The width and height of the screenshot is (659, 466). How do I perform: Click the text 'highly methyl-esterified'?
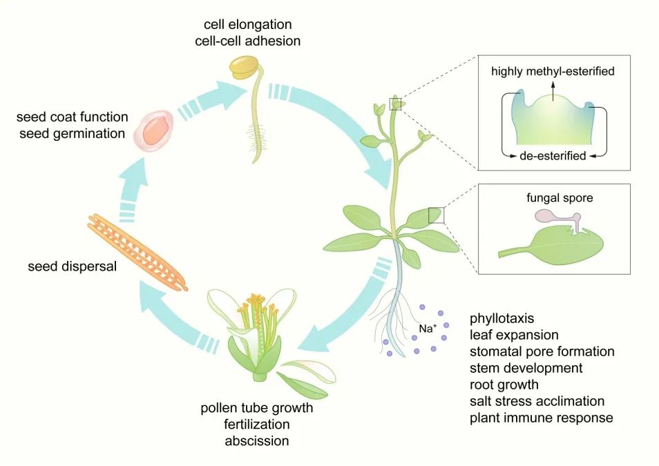pyautogui.click(x=553, y=70)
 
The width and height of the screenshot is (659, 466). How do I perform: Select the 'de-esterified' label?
pyautogui.click(x=553, y=156)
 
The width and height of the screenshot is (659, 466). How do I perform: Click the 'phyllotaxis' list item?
pyautogui.click(x=502, y=318)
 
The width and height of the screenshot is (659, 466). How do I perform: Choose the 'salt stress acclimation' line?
pyautogui.click(x=537, y=401)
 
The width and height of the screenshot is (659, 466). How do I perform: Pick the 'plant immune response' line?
pyautogui.click(x=541, y=418)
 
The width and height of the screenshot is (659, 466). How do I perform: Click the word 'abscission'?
pyautogui.click(x=257, y=440)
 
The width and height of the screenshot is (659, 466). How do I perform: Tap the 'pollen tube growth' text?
pyautogui.click(x=257, y=408)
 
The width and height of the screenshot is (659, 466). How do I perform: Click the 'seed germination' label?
pyautogui.click(x=71, y=133)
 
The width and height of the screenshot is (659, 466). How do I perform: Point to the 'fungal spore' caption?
pyautogui.click(x=558, y=198)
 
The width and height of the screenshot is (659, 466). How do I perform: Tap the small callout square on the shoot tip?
pyautogui.click(x=396, y=104)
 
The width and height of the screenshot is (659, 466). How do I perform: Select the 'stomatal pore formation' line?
pyautogui.click(x=542, y=351)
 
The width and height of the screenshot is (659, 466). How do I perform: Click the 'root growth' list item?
pyautogui.click(x=504, y=385)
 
